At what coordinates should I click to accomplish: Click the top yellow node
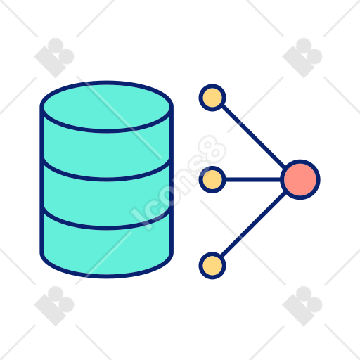[x=212, y=98]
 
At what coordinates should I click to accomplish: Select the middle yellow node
[x=212, y=179]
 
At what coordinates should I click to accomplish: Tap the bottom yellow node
[x=212, y=266]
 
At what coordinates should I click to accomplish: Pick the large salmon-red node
[x=300, y=179]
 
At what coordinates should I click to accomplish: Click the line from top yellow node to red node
[x=253, y=136]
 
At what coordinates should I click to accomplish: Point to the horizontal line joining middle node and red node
[x=253, y=180]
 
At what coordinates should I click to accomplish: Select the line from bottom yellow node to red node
[x=253, y=224]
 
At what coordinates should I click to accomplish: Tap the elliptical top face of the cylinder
[x=107, y=107]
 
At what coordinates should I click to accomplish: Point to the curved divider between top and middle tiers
[x=107, y=179]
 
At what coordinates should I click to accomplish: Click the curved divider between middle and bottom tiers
[x=107, y=228]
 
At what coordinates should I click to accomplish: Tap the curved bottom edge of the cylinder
[x=107, y=276]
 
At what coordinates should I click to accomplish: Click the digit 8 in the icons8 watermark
[x=214, y=148]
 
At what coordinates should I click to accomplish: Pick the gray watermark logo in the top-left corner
[x=54, y=58]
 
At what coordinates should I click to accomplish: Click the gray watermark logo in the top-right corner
[x=302, y=58]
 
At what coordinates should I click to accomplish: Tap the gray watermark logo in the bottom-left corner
[x=54, y=306]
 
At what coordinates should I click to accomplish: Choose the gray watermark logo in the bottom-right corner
[x=302, y=306]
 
